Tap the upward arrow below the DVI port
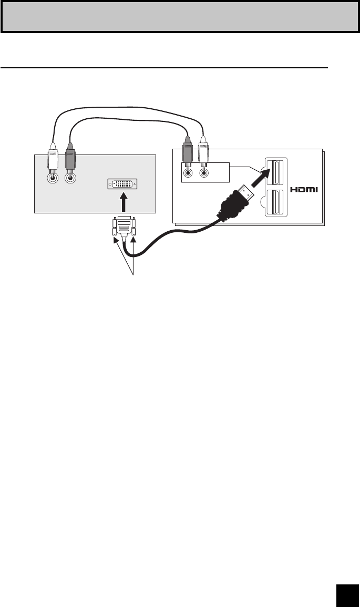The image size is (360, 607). [124, 202]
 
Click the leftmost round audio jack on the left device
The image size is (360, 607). [52, 178]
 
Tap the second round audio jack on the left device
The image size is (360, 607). [69, 178]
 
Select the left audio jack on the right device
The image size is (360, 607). [188, 170]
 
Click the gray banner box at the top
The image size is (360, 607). [180, 17]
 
